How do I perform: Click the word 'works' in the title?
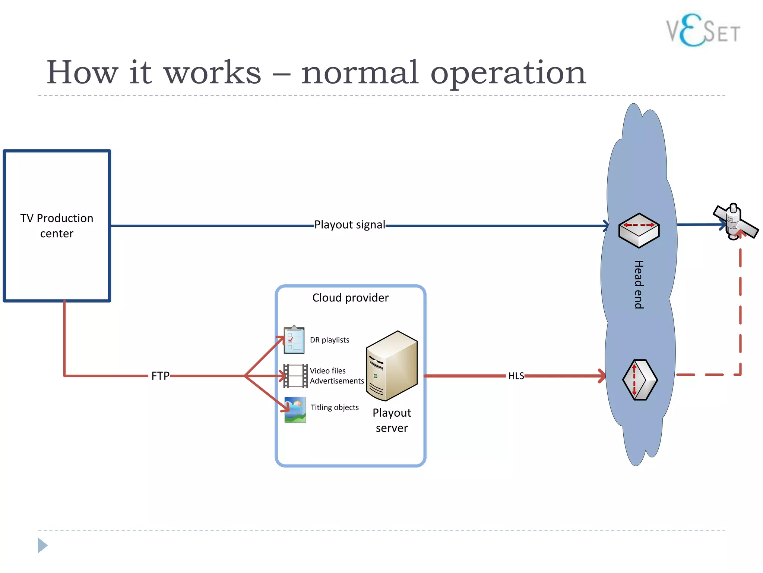pyautogui.click(x=213, y=72)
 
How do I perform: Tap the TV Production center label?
pyautogui.click(x=57, y=226)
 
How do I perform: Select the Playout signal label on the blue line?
pyautogui.click(x=349, y=225)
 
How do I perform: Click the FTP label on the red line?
pyautogui.click(x=160, y=376)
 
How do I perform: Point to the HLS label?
pyautogui.click(x=516, y=376)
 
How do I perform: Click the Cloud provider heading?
pyautogui.click(x=350, y=298)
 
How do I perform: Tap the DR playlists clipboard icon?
pyautogui.click(x=294, y=340)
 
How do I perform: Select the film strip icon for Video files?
pyautogui.click(x=295, y=376)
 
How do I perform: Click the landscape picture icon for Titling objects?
pyautogui.click(x=295, y=410)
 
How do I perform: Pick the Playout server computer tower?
pyautogui.click(x=392, y=366)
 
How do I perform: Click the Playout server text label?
pyautogui.click(x=392, y=420)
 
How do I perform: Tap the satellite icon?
pyautogui.click(x=735, y=222)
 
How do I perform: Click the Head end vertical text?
pyautogui.click(x=639, y=284)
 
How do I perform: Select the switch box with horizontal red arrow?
pyautogui.click(x=639, y=230)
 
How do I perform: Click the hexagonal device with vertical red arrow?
pyautogui.click(x=640, y=380)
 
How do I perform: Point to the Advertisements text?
pyautogui.click(x=337, y=381)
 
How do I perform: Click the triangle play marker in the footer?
pyautogui.click(x=42, y=545)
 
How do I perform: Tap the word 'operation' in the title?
pyautogui.click(x=508, y=72)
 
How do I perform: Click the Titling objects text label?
pyautogui.click(x=335, y=407)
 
